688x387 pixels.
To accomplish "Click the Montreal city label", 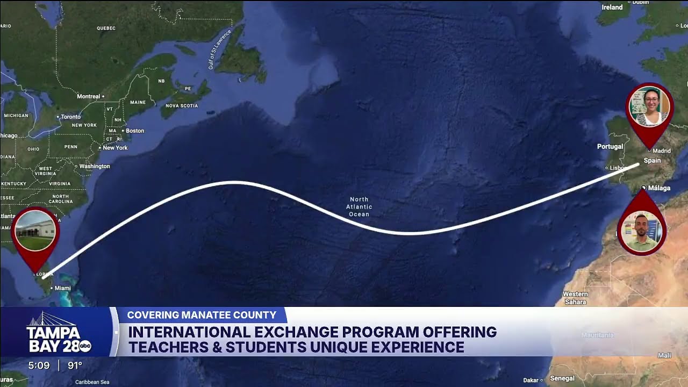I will [89, 97].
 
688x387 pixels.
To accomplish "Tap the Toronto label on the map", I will [70, 117].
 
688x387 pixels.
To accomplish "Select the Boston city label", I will [134, 131].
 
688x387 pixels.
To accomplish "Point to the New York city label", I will [115, 148].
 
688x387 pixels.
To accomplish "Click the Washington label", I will [95, 167].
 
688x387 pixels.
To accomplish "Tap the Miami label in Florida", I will [62, 289].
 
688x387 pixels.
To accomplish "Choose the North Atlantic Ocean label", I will [359, 207].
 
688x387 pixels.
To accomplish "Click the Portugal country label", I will [610, 147].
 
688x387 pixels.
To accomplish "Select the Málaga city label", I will [659, 188].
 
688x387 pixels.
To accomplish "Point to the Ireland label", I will [612, 8].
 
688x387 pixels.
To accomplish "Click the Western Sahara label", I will [575, 298].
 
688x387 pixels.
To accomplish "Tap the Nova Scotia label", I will [182, 106].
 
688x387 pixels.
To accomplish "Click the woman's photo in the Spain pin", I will [649, 106].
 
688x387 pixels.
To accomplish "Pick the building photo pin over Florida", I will [35, 231].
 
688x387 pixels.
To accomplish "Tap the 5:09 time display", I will [39, 366].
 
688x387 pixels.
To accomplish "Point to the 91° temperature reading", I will [75, 366].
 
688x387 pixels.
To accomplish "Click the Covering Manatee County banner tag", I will [202, 315].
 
